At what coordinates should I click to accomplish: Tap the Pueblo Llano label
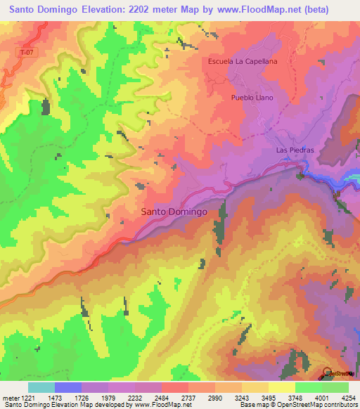252,98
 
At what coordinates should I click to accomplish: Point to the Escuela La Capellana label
243,61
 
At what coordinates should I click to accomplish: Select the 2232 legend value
147,398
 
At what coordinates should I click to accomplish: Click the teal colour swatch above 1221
41,387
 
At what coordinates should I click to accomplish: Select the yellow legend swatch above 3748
282,387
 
